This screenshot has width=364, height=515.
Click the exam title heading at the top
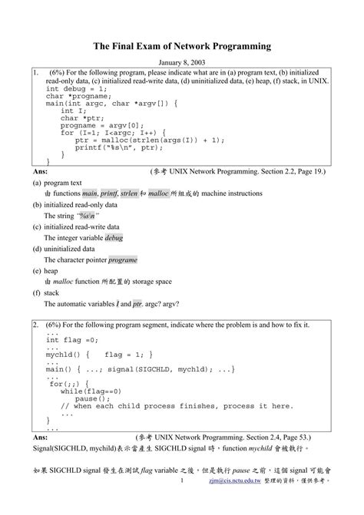[x=182, y=46]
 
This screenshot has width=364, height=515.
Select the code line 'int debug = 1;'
[x=75, y=88]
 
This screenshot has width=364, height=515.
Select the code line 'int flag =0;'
[x=72, y=341]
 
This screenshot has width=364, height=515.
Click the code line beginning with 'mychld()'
[x=99, y=355]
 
